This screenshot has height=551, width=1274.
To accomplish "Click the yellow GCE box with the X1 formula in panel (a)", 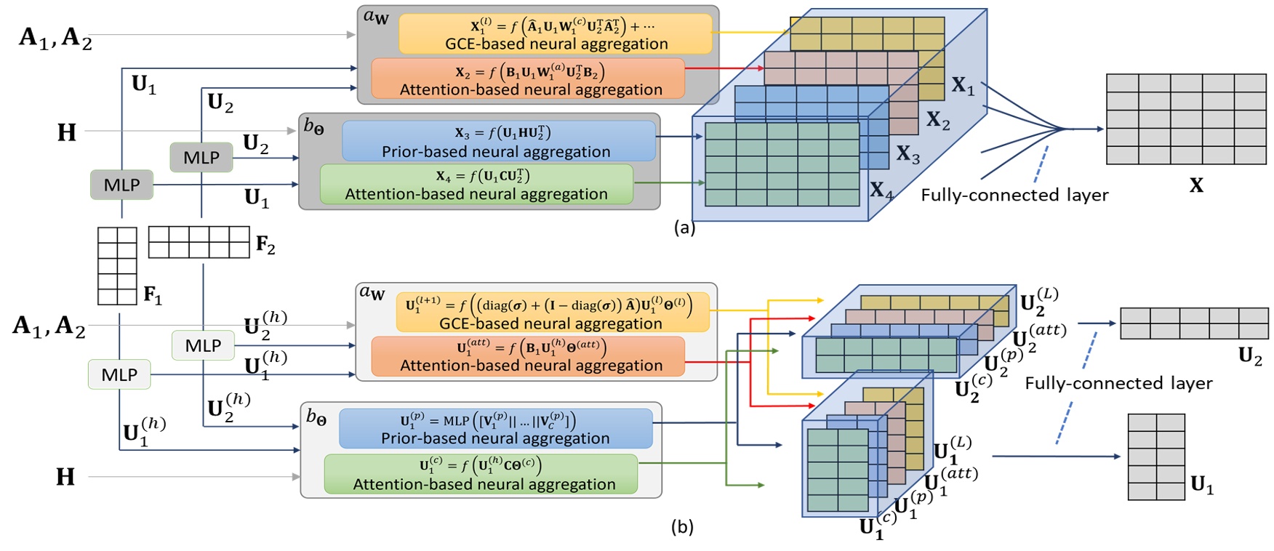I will click(555, 34).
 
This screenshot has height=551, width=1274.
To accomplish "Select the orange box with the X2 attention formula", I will click(528, 79).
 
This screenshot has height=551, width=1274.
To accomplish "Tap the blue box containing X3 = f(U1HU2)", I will click(498, 141).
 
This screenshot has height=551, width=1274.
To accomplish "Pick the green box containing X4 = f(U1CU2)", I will click(476, 185).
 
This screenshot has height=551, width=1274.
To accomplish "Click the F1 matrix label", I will click(153, 295).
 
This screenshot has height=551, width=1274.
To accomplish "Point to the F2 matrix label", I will click(265, 245).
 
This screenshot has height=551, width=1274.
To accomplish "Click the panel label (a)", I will click(684, 228).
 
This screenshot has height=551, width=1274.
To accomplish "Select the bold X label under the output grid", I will click(1195, 185).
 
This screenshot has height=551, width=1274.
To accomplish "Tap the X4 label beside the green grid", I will click(881, 190).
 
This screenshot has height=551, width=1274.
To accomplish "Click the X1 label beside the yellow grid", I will click(963, 86).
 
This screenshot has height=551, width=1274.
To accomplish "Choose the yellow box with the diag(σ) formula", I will click(552, 313).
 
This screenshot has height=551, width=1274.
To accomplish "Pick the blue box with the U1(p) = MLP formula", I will click(495, 429).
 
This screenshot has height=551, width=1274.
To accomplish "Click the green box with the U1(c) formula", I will click(481, 474).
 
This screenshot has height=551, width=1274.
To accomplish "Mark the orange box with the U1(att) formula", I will click(528, 356).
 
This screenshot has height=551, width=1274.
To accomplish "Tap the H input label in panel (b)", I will click(65, 477).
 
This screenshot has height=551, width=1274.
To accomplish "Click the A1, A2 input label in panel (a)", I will click(55, 36).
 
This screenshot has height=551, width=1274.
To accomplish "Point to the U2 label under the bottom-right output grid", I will click(1250, 356).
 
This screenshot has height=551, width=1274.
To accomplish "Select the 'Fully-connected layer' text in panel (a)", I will click(1014, 195).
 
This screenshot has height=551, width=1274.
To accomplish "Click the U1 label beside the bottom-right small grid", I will click(1201, 484).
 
